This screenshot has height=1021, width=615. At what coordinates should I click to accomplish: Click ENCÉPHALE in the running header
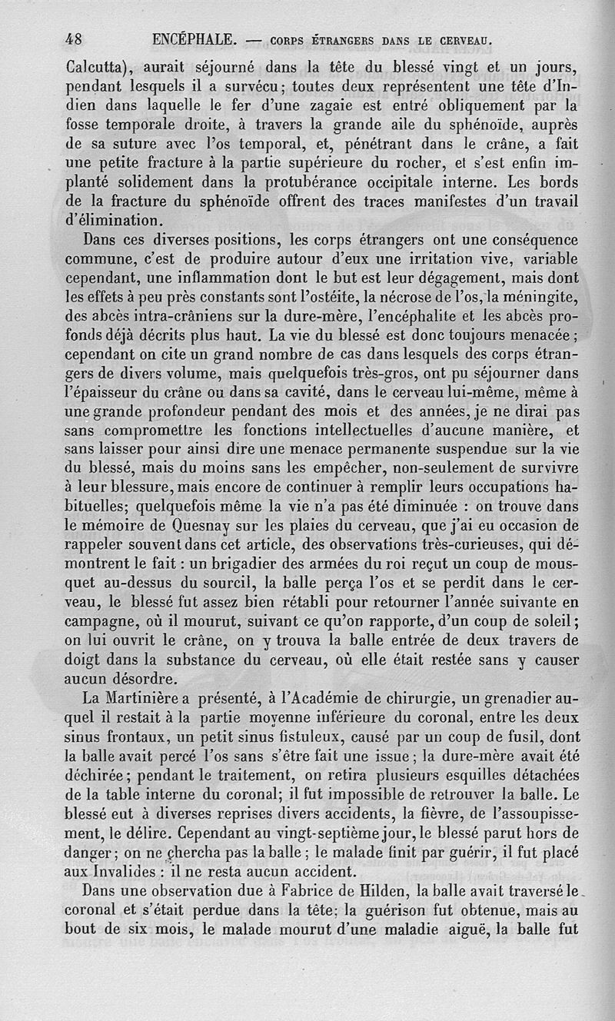195,38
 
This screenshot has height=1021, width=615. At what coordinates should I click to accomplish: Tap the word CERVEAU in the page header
460,39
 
